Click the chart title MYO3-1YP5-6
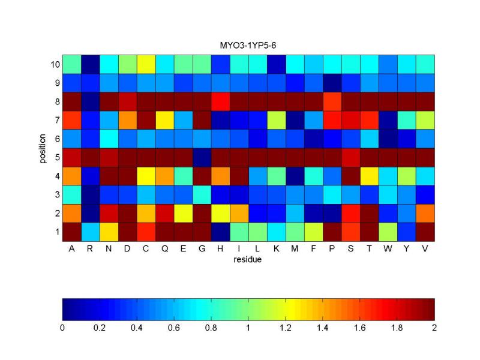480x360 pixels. (248, 45)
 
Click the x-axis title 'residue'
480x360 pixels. (248, 260)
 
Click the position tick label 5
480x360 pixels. (56, 157)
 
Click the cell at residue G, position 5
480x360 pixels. (202, 157)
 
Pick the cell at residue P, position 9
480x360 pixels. (332, 82)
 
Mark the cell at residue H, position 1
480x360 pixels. (221, 231)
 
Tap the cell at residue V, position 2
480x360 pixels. (425, 212)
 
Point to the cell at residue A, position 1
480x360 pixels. (72, 231)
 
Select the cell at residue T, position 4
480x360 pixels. (370, 175)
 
